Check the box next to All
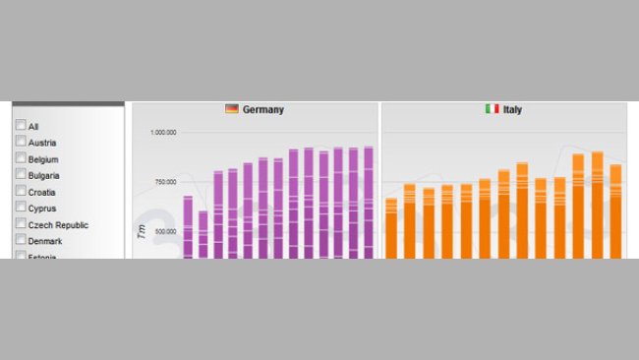pyautogui.click(x=21, y=126)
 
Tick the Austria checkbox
pyautogui.click(x=21, y=142)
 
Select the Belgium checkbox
pyautogui.click(x=21, y=158)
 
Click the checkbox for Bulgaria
pyautogui.click(x=21, y=174)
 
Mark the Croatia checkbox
pyautogui.click(x=21, y=191)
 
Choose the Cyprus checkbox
pyautogui.click(x=21, y=208)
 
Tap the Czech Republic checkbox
pyautogui.click(x=21, y=224)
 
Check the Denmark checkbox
pyautogui.click(x=21, y=240)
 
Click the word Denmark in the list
pyautogui.click(x=45, y=241)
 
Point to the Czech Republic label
pyautogui.click(x=58, y=225)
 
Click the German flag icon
pyautogui.click(x=232, y=109)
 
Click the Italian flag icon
pyautogui.click(x=492, y=109)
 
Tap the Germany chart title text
pyautogui.click(x=263, y=110)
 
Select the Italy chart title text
pyautogui.click(x=512, y=110)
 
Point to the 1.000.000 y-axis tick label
pyautogui.click(x=163, y=133)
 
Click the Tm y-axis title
pyautogui.click(x=142, y=231)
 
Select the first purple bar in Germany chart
pyautogui.click(x=188, y=227)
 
